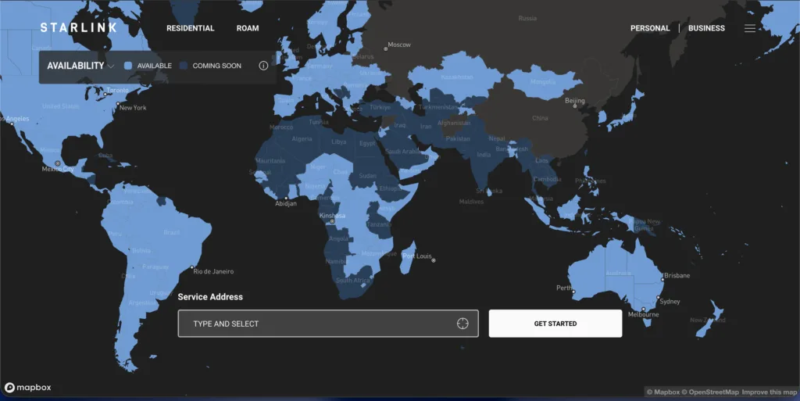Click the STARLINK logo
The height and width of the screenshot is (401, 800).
point(78,28)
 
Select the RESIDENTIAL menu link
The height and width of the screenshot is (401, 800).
point(190,28)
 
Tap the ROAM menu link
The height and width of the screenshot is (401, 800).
point(248,28)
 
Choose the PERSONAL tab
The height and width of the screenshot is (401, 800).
point(650,28)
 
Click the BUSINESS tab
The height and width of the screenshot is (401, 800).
point(706,28)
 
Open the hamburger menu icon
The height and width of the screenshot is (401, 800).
point(750,28)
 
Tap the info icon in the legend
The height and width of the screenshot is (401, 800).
point(263,66)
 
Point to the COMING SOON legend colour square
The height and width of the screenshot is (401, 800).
point(184,66)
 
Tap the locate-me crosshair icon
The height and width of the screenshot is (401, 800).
point(462,324)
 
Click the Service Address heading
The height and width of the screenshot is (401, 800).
point(210,297)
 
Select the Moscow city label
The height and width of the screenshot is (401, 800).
point(399,45)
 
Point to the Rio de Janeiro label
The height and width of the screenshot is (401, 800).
point(213,271)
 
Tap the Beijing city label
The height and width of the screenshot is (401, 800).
point(574,101)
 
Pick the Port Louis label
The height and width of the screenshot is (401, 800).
point(417,256)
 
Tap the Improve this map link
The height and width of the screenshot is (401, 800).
point(769,392)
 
